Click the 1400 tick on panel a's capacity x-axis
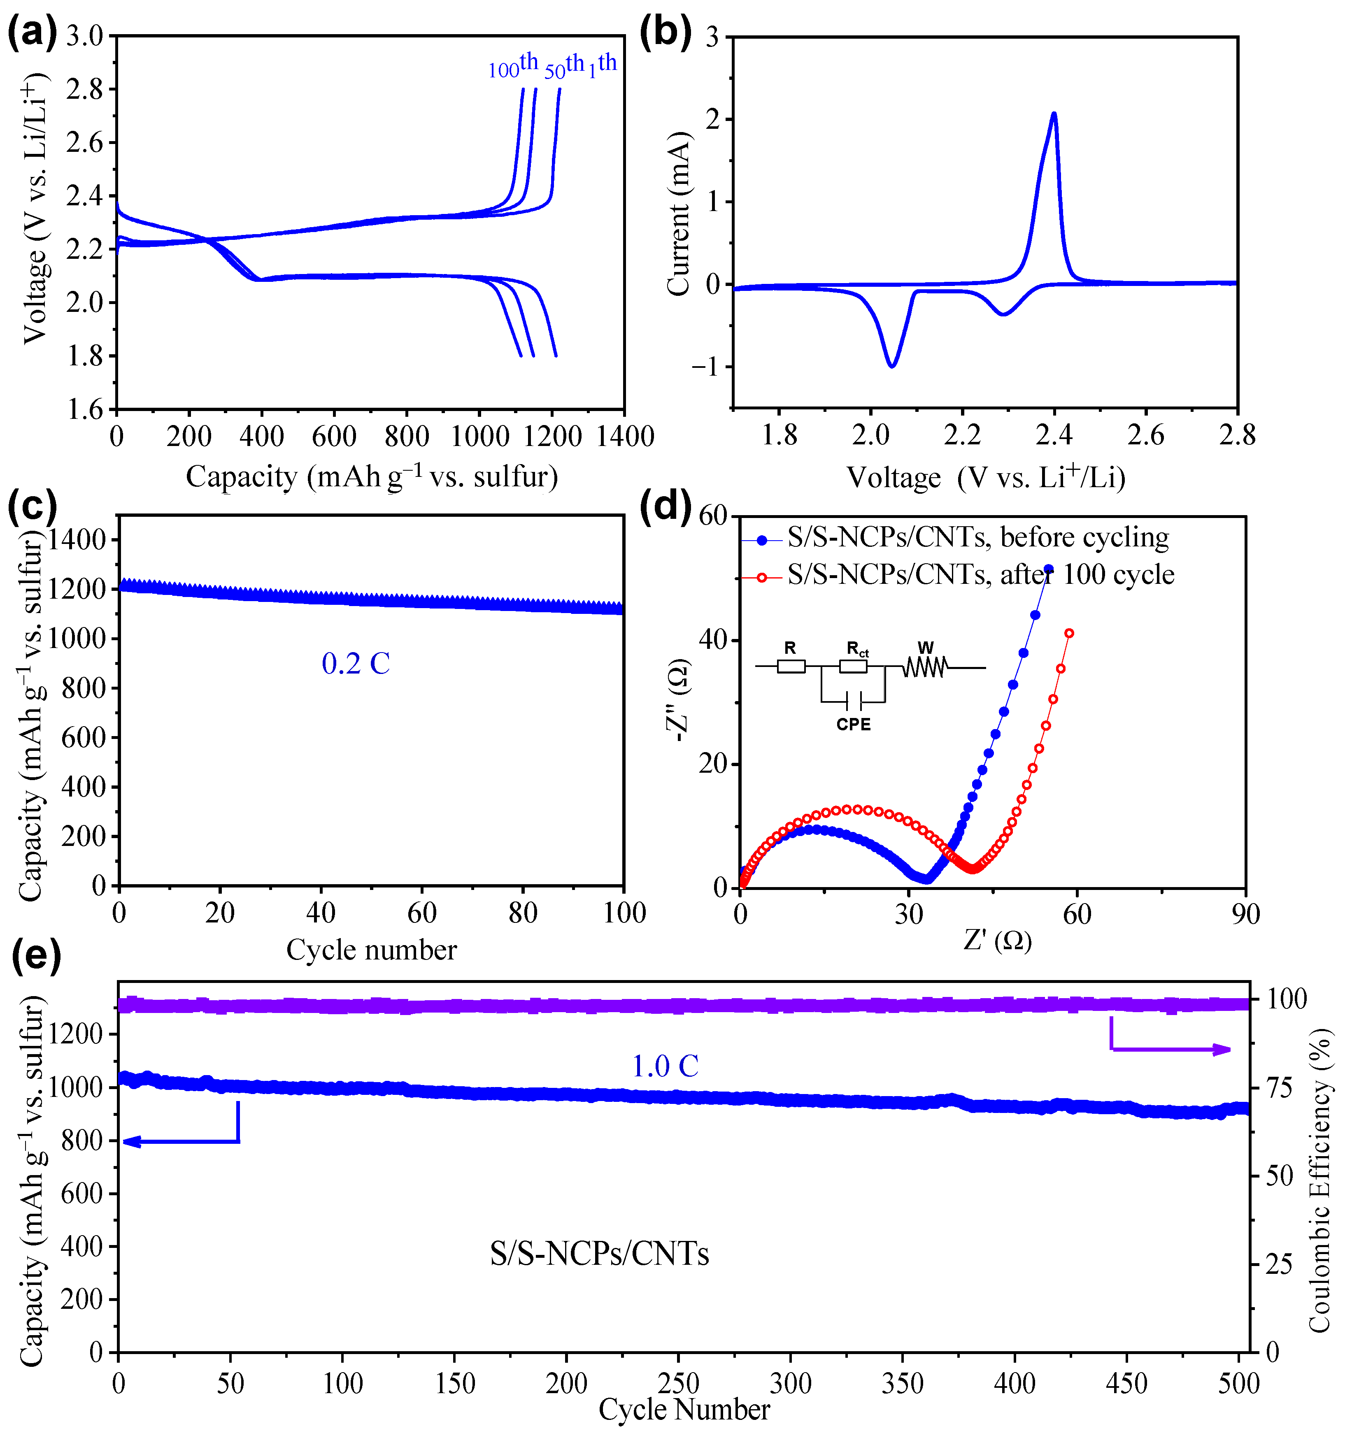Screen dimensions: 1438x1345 point(624,436)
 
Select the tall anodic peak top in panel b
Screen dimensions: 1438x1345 point(1054,114)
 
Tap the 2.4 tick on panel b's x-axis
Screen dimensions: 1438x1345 point(1054,435)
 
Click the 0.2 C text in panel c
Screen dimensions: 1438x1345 point(355,663)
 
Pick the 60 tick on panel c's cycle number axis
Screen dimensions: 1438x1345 point(422,913)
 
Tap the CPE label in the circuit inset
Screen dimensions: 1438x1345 point(853,724)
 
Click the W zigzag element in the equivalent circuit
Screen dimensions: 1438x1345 point(924,667)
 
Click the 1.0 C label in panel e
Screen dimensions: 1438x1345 point(665,1066)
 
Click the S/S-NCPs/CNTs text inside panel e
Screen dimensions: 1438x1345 point(599,1254)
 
